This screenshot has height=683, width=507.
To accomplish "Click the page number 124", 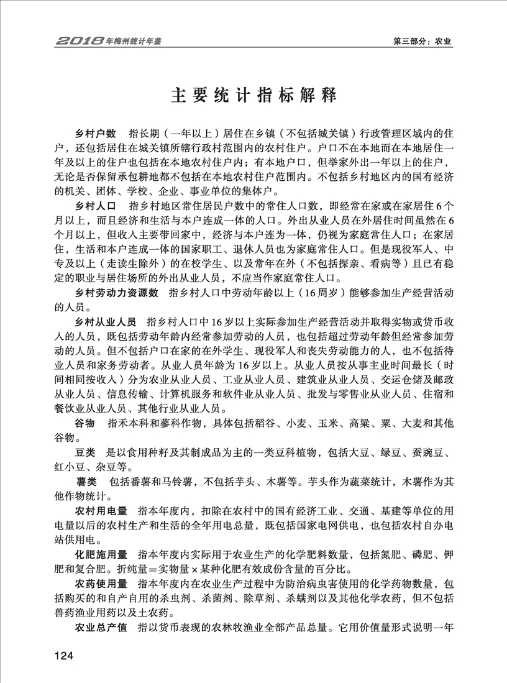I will click(x=65, y=655).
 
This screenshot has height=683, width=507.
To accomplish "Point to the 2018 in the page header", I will click(x=79, y=42).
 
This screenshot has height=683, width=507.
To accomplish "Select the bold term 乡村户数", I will click(x=96, y=134).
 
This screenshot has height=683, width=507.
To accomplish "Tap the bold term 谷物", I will click(x=85, y=423).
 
